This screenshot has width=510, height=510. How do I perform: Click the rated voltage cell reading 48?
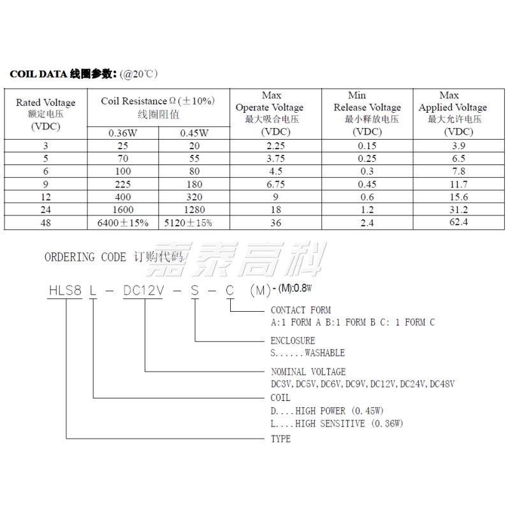point(45,222)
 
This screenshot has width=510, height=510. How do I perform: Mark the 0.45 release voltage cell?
point(367,184)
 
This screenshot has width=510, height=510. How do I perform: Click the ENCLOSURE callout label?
point(293,341)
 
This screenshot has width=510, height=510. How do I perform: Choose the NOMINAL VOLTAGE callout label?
point(309,372)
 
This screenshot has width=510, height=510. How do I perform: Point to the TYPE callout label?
point(281,439)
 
